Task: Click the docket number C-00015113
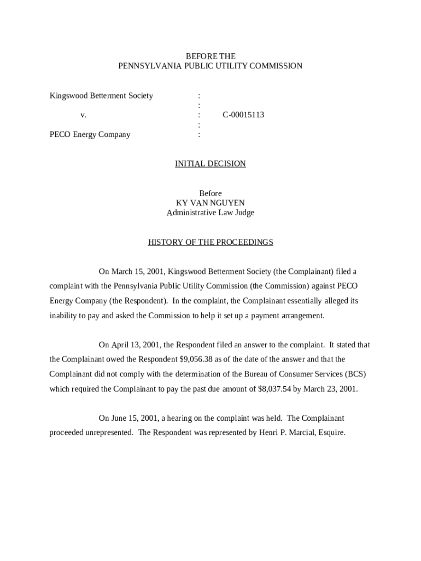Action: pos(243,115)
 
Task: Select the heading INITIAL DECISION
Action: pos(210,164)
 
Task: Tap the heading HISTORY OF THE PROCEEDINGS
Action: pos(210,242)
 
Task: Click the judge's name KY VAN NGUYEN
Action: pos(210,203)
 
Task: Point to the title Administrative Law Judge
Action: pos(210,213)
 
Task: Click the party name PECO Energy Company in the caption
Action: pos(90,135)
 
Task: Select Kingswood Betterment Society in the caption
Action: pos(101,96)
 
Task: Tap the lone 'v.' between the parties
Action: pos(83,115)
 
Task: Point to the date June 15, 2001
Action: pos(135,419)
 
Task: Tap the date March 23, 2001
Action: pos(332,390)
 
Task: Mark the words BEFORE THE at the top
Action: pos(210,56)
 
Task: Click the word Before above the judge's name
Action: pos(210,193)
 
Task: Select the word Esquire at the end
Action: pos(330,433)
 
